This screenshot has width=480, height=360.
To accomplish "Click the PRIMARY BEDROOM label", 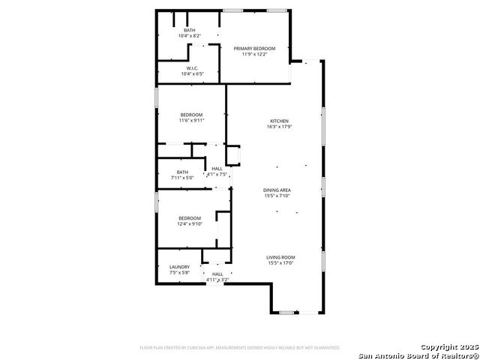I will (x=254, y=48).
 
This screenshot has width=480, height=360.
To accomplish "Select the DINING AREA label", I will (x=277, y=190).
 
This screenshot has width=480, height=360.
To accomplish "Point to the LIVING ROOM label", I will (x=280, y=257).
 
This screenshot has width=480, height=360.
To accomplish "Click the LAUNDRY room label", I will (x=179, y=266).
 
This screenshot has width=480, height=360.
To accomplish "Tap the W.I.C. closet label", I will (x=191, y=68).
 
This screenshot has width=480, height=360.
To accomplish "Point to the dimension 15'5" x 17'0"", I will (x=280, y=263).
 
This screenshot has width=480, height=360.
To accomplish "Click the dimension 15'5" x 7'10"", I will (x=277, y=196).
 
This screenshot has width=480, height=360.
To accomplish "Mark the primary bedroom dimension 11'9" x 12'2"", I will (x=254, y=54).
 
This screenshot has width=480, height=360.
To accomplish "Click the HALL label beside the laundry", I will (x=217, y=274).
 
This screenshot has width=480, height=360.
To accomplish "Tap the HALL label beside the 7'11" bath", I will (x=217, y=169).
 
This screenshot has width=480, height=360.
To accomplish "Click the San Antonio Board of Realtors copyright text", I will (x=418, y=355).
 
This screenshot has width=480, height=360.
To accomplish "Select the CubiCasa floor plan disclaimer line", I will (x=240, y=348).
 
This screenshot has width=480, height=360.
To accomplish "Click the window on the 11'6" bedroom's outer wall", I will (x=156, y=98).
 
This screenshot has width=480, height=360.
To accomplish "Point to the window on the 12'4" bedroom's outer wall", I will (x=156, y=201).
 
